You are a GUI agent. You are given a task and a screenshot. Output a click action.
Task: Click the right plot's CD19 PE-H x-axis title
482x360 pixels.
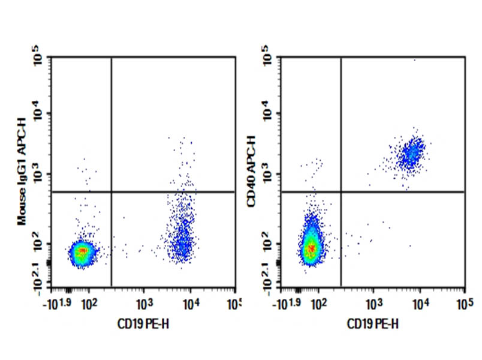click(x=373, y=325)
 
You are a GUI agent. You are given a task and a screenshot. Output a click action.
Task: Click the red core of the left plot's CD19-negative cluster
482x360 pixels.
click(x=83, y=252)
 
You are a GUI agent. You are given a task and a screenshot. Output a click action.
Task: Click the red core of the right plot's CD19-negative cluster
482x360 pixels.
click(x=311, y=247)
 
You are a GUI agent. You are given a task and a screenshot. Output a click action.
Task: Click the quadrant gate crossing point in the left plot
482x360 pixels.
click(x=112, y=192)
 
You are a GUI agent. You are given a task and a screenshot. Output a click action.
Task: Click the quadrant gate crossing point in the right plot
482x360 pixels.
click(x=341, y=192)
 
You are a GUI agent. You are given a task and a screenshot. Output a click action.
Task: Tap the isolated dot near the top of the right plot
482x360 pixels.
click(x=414, y=60)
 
